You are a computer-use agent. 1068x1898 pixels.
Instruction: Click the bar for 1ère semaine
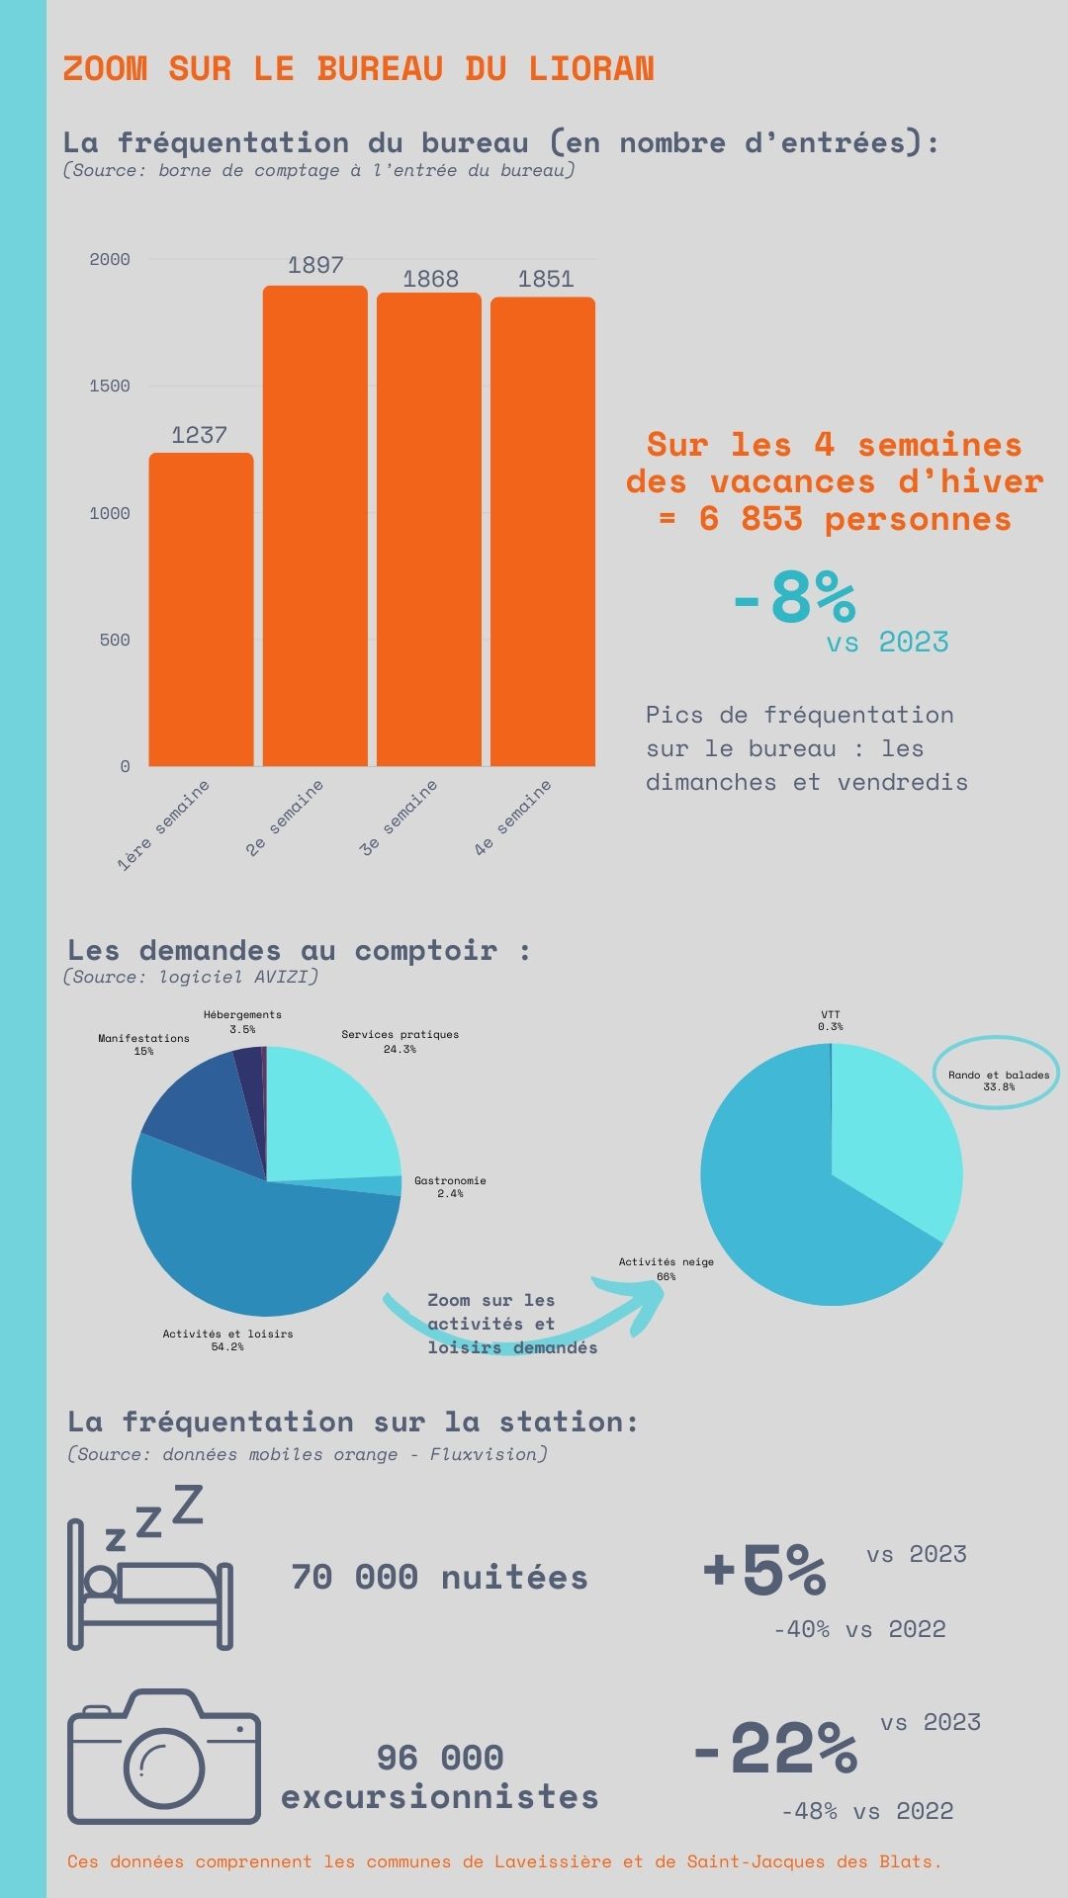tap(201, 609)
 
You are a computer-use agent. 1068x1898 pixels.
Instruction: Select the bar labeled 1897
tap(314, 526)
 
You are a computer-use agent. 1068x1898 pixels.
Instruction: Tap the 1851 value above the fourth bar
tap(545, 279)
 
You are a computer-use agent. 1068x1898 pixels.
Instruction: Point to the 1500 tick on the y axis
tap(110, 386)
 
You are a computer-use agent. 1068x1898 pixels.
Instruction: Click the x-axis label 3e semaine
tap(399, 818)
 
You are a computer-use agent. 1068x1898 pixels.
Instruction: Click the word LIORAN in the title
tap(591, 68)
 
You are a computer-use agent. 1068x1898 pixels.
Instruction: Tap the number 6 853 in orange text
tap(751, 518)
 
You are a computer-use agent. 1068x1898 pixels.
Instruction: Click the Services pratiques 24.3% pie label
tap(400, 1041)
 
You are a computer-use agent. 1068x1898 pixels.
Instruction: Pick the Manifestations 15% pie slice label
tap(143, 1044)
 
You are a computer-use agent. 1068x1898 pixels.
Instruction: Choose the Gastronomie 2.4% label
tap(450, 1186)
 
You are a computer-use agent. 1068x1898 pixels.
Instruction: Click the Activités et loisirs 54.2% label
tap(227, 1339)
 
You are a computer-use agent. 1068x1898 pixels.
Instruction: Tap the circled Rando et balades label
tap(999, 1079)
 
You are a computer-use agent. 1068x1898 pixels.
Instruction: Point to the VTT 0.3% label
tap(831, 1020)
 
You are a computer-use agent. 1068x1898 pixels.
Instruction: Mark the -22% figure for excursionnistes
tap(775, 1748)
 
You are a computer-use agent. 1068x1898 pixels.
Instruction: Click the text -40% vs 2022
tap(859, 1629)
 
